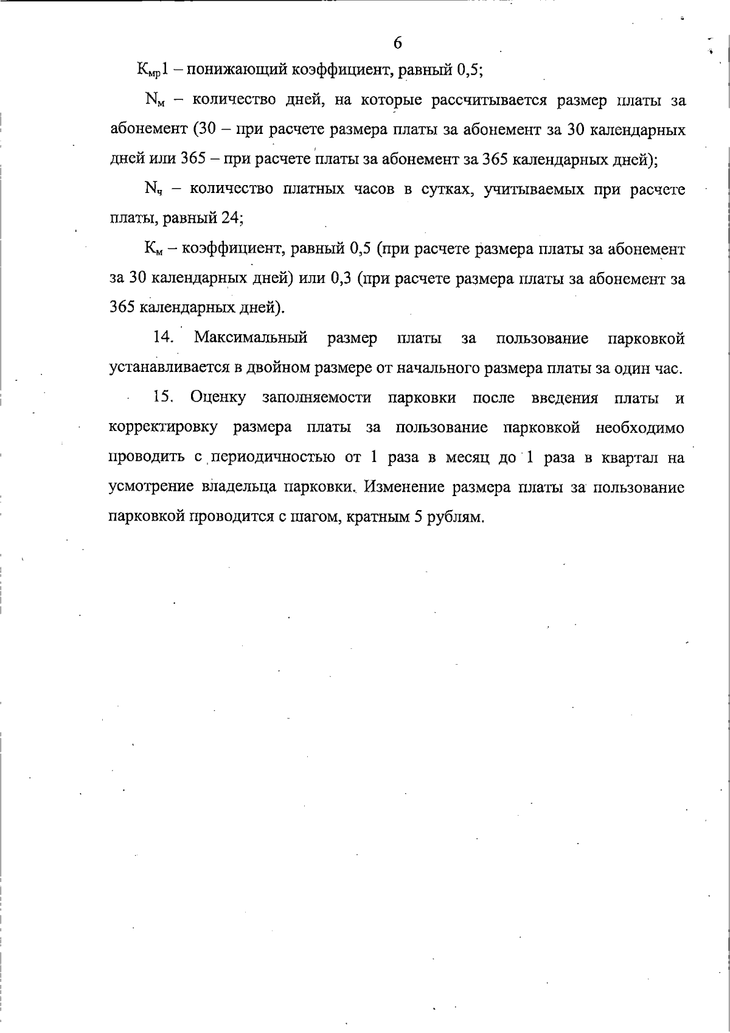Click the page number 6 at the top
(397, 43)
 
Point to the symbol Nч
(153, 190)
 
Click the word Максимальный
(251, 338)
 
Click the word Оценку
(218, 398)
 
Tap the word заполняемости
(316, 398)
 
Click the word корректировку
(164, 428)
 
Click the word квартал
(628, 458)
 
